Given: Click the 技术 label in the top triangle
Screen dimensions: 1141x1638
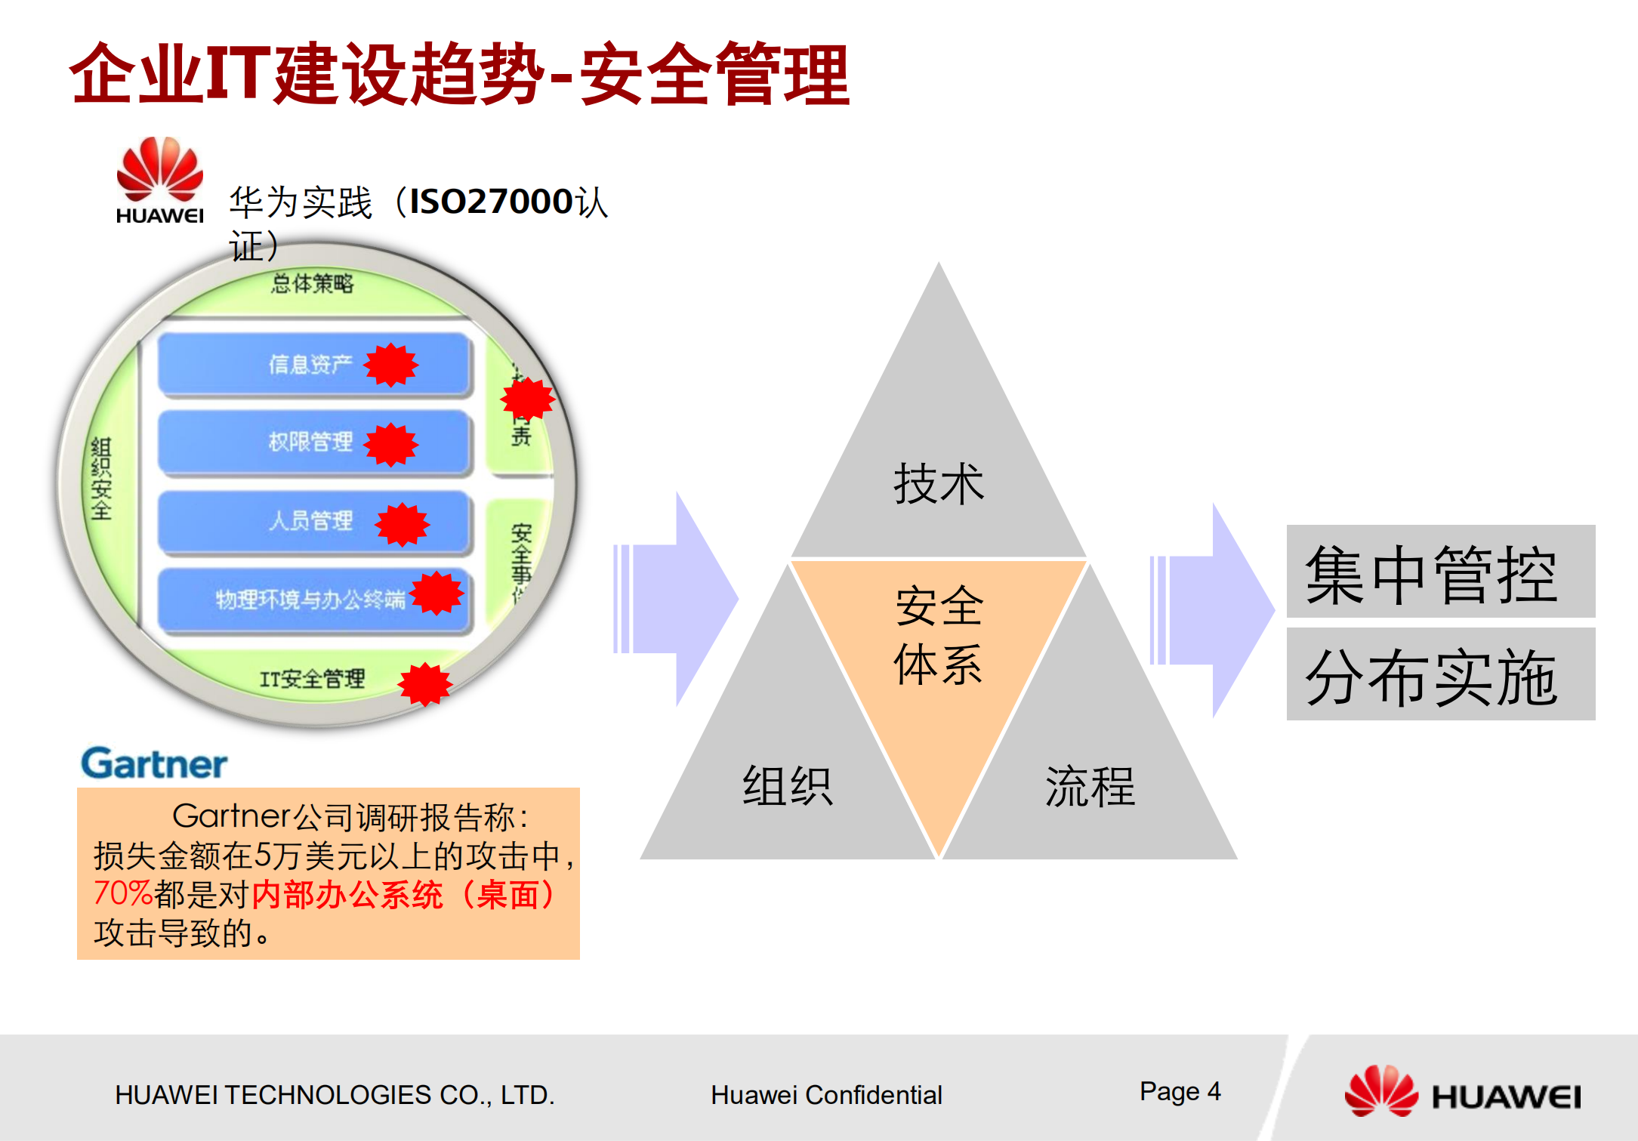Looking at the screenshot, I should (939, 484).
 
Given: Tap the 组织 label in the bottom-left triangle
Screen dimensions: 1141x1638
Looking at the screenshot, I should (787, 786).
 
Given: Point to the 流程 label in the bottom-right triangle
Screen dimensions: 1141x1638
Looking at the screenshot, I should (1090, 786).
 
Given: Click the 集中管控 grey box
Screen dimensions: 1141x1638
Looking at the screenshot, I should (1440, 572).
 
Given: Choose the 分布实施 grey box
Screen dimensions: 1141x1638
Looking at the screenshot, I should (1440, 674).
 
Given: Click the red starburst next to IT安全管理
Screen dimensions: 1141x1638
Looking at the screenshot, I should (425, 684).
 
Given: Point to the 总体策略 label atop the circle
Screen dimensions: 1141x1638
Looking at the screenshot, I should (312, 284).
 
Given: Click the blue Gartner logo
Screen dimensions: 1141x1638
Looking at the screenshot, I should (154, 763).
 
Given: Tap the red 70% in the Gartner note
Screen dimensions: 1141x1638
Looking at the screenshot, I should (123, 894).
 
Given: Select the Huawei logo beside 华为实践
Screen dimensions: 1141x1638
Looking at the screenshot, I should (159, 180).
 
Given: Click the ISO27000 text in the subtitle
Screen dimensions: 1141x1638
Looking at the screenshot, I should (491, 202).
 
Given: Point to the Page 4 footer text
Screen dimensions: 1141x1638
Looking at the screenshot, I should (1180, 1092).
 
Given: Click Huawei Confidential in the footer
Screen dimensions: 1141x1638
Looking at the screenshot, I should (826, 1095).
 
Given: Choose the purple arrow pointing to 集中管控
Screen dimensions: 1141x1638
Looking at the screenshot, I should (1212, 609).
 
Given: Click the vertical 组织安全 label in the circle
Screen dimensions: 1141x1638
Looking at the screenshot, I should (101, 479).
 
